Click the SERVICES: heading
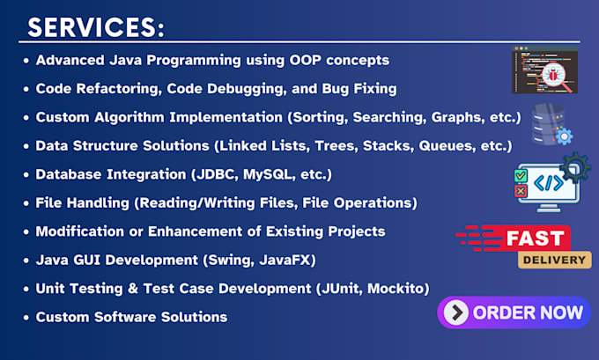[x=96, y=27]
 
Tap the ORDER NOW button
[x=514, y=312]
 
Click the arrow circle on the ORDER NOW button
[x=456, y=312]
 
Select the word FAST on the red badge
[x=536, y=239]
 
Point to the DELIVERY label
[x=554, y=260]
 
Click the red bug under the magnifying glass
[x=553, y=75]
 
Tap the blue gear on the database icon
[x=565, y=136]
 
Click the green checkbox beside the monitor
[x=521, y=176]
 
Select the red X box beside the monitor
[x=521, y=190]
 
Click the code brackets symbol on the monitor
[x=549, y=183]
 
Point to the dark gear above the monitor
[x=575, y=167]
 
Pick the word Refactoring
[x=121, y=89]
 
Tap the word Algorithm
[x=129, y=117]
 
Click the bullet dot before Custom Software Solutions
[x=26, y=318]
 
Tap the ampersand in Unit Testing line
[x=133, y=289]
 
